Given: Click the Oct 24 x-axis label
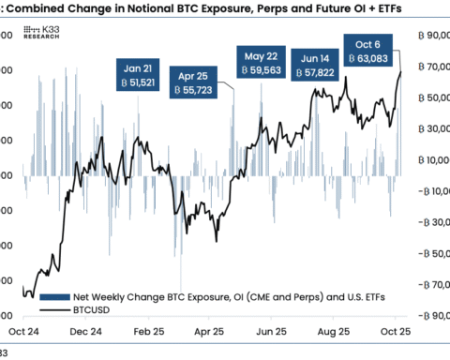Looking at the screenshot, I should click(18, 331).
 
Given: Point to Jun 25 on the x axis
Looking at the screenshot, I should click(271, 331).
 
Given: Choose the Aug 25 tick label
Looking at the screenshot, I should click(334, 331).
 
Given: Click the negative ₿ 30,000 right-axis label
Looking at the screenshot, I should click(427, 222).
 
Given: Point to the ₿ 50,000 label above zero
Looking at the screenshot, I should click(427, 97).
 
